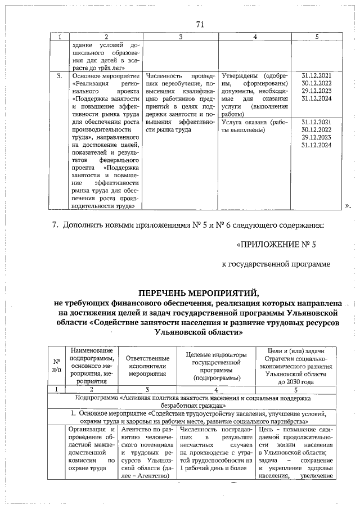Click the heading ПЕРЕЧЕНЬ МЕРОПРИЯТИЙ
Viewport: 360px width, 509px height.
(200, 292)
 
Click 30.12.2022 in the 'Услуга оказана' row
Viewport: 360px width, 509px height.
(317, 129)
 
